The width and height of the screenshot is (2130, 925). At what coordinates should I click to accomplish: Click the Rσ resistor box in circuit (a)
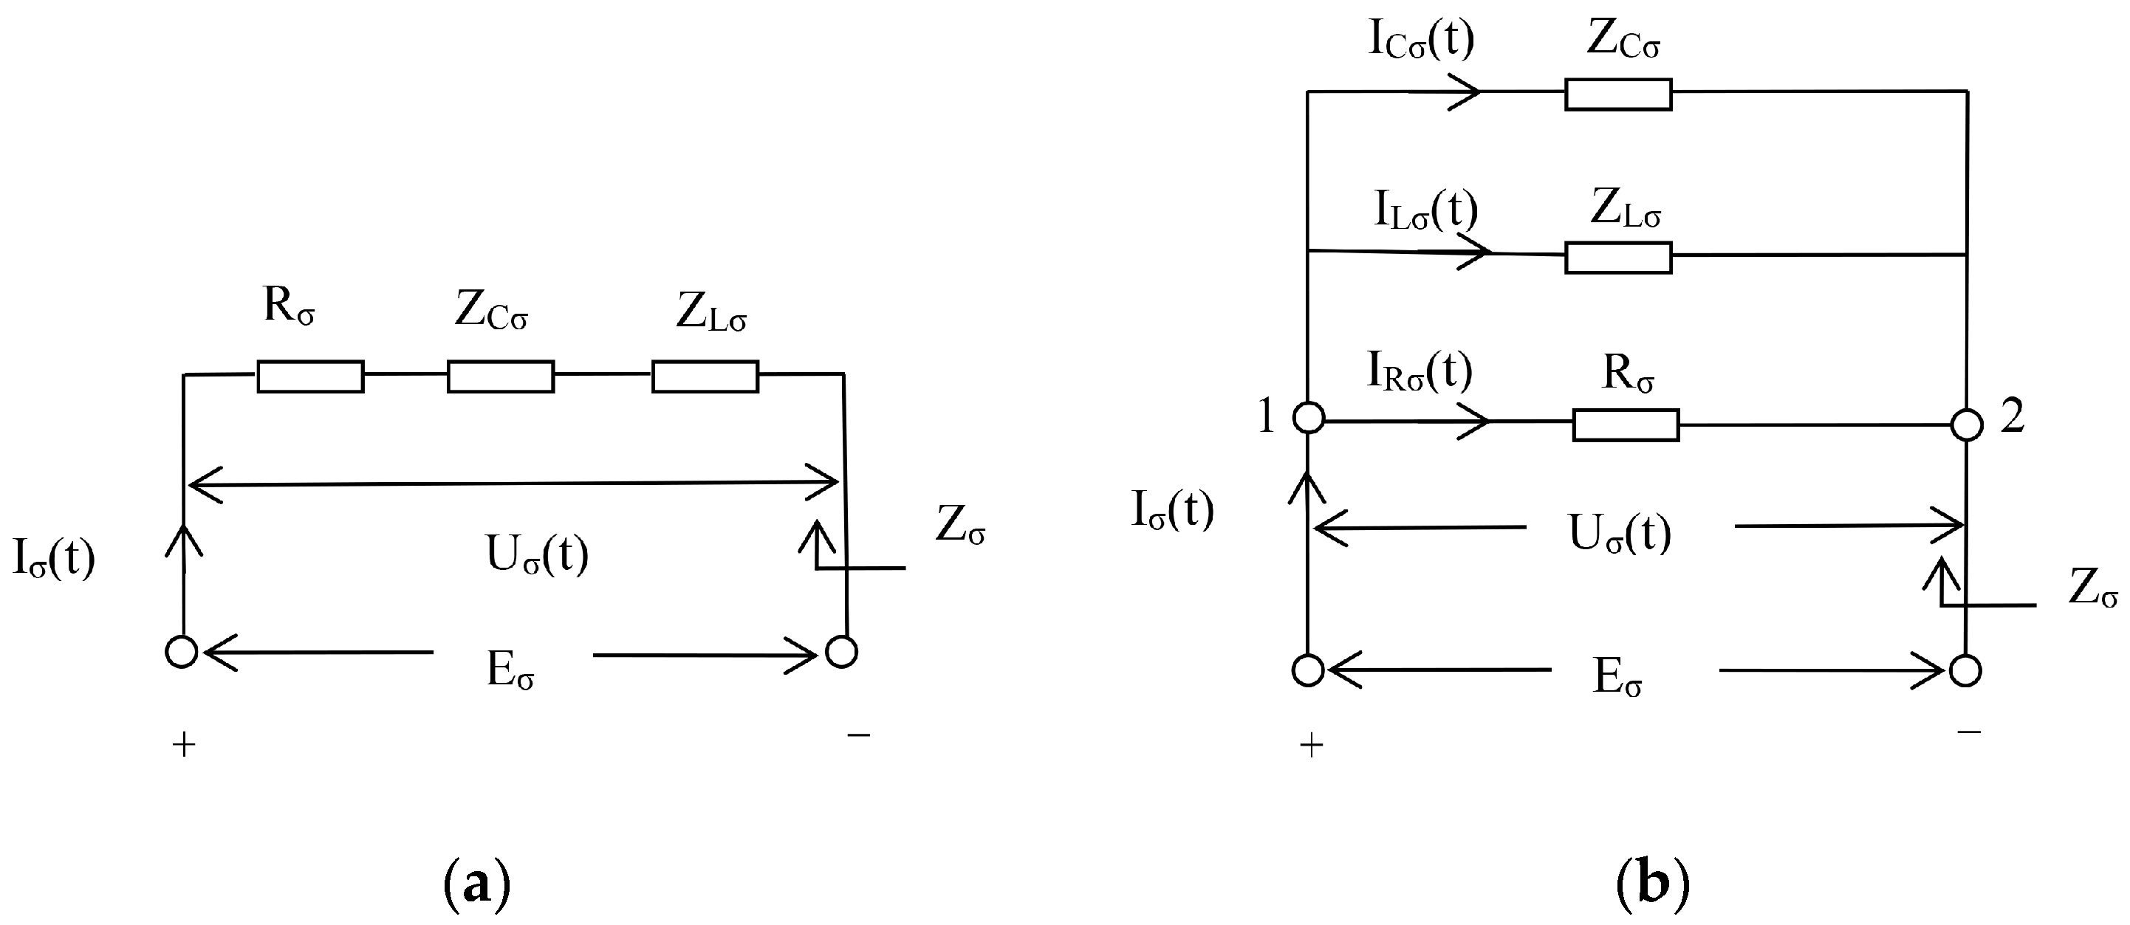click(310, 376)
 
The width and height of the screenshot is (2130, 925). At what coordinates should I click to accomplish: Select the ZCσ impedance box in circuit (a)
click(500, 376)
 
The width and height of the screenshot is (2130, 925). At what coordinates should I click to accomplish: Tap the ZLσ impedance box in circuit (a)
click(705, 376)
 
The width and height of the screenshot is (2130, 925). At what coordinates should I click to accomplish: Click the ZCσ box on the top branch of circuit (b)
click(1617, 95)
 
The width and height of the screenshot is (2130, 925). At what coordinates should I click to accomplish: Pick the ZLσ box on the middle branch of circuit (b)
click(1617, 257)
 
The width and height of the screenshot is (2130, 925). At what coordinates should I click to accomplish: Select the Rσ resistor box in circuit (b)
click(1625, 425)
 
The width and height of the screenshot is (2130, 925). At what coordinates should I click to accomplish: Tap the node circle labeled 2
click(1966, 425)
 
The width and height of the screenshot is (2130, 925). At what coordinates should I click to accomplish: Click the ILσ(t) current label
click(1425, 210)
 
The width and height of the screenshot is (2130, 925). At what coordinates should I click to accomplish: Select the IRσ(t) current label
click(1419, 371)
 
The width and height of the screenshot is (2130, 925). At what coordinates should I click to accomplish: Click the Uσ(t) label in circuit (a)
click(538, 554)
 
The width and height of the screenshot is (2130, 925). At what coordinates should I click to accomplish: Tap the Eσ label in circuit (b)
click(1617, 678)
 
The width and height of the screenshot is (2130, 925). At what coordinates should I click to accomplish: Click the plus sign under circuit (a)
click(184, 746)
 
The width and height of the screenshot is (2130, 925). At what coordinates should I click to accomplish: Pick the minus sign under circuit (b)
click(1970, 732)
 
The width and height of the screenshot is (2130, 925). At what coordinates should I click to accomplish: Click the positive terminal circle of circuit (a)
click(181, 652)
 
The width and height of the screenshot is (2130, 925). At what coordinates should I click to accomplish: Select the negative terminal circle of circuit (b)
click(1965, 670)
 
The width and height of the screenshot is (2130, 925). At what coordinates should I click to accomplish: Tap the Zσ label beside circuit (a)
click(960, 525)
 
